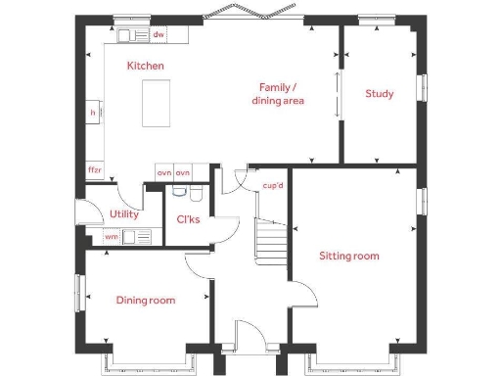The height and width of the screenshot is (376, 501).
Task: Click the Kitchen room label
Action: pyautogui.click(x=145, y=66)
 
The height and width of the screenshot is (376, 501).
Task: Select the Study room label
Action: pyautogui.click(x=380, y=94)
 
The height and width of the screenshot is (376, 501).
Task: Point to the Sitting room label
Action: pyautogui.click(x=349, y=256)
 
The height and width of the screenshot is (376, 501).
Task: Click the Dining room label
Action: pyautogui.click(x=146, y=300)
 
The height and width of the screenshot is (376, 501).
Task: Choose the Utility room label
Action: pyautogui.click(x=124, y=213)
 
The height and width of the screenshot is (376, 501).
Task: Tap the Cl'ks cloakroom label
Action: pyautogui.click(x=188, y=219)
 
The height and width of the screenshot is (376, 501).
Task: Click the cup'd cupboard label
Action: pyautogui.click(x=272, y=185)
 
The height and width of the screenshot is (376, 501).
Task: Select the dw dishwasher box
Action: pyautogui.click(x=158, y=35)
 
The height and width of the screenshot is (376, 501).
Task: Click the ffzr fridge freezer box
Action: pyautogui.click(x=94, y=169)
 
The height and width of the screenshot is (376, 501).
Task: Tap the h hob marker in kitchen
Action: pyautogui.click(x=93, y=113)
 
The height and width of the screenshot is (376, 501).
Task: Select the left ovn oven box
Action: pyautogui.click(x=164, y=172)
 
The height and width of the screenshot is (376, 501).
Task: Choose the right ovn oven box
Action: pyautogui.click(x=182, y=172)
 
